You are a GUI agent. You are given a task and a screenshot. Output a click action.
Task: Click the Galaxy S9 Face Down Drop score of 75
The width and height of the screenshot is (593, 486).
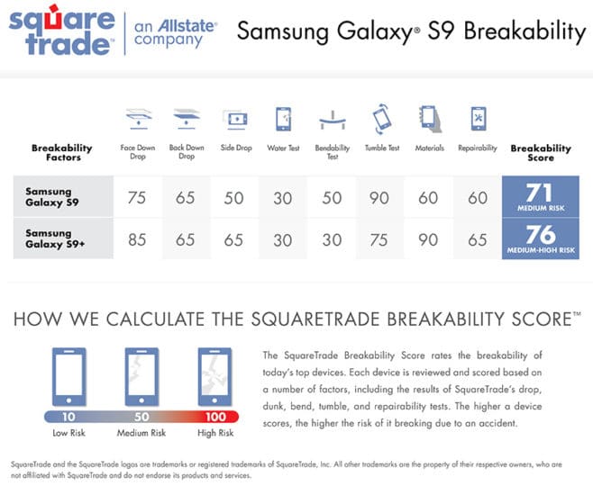tap(136, 198)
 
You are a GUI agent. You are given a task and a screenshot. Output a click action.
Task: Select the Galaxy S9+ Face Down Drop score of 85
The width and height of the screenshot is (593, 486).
tap(137, 239)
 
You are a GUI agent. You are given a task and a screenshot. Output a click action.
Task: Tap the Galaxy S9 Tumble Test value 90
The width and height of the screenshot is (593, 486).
tap(379, 198)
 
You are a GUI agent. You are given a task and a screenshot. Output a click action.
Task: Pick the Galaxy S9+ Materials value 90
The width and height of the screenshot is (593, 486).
tap(428, 239)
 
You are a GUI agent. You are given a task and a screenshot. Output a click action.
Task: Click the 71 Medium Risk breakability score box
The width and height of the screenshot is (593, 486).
tap(541, 196)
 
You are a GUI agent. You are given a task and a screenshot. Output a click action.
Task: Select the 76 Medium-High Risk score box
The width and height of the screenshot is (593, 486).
tap(541, 238)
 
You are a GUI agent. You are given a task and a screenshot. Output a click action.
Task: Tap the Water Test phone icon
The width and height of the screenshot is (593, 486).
tap(284, 119)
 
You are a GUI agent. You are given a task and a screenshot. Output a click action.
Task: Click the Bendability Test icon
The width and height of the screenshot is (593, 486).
tap(333, 120)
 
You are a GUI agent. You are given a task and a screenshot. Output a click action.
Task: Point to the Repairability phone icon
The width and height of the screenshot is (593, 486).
tap(479, 119)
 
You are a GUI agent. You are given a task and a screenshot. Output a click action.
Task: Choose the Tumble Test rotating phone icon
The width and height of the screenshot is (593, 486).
tap(382, 118)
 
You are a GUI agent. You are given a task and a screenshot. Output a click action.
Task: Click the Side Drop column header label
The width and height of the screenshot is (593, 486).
tap(236, 148)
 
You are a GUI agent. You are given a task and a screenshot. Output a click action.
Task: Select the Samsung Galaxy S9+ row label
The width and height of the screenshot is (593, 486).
tap(55, 238)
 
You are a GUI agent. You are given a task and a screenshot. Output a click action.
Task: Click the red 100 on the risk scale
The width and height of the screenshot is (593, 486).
tap(215, 417)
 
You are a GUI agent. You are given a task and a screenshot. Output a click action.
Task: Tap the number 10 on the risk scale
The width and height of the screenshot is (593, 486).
tap(68, 417)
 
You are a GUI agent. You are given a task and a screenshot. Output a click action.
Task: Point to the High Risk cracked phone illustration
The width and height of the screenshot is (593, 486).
tap(214, 377)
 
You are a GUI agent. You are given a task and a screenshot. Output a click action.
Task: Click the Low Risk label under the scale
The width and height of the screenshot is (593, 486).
tap(68, 433)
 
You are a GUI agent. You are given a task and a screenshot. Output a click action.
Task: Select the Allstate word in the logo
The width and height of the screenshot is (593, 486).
tap(187, 26)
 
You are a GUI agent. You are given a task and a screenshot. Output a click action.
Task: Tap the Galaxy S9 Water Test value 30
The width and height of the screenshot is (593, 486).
tap(282, 198)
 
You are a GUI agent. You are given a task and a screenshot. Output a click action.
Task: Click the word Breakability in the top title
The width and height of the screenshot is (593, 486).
tap(525, 31)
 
